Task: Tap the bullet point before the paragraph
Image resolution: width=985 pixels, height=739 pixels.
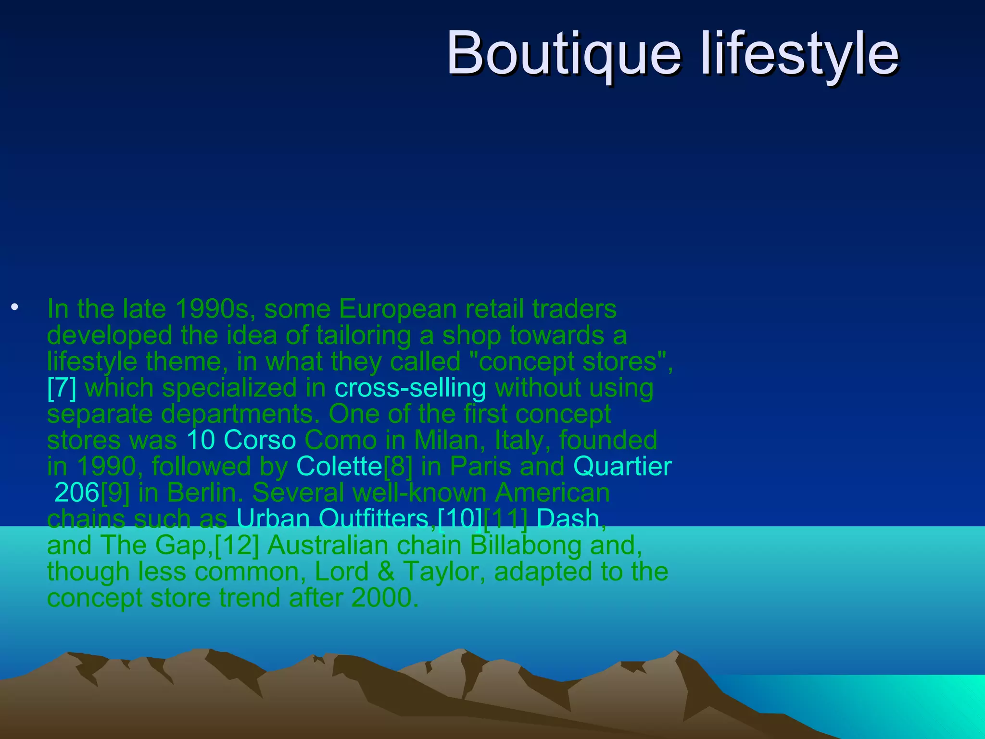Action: [15, 307]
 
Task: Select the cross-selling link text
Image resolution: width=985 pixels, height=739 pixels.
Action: [410, 388]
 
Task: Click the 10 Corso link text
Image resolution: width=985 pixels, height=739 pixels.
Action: [241, 440]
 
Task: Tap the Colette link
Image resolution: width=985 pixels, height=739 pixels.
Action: [339, 466]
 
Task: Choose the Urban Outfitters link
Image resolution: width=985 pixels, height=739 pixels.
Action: [332, 519]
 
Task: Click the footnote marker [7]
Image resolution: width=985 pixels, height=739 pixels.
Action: [62, 388]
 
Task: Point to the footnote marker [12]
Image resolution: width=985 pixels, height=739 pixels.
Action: [237, 545]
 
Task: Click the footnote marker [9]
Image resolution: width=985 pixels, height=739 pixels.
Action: [115, 493]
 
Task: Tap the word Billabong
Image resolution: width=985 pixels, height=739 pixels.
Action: [525, 545]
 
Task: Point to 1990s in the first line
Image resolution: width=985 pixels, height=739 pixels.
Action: [212, 309]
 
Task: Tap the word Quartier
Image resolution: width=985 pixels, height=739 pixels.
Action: [622, 466]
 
